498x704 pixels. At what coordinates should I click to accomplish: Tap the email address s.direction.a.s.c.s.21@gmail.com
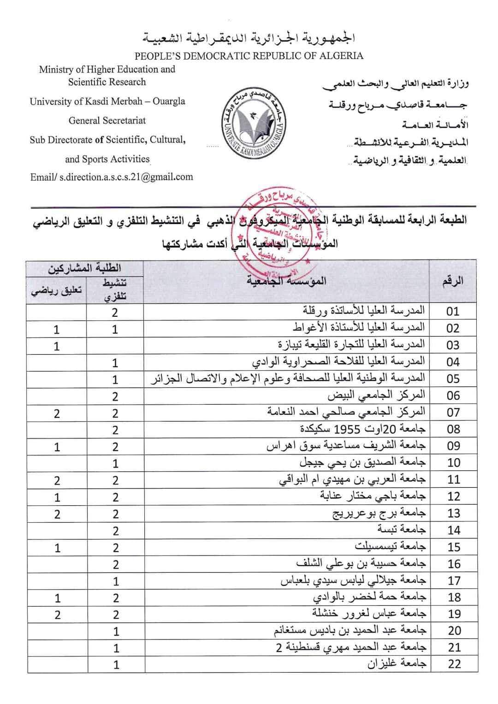[x=112, y=177]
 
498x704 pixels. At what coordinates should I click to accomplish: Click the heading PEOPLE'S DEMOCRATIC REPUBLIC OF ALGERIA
[x=249, y=56]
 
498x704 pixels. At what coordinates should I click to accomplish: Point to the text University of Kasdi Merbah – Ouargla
[x=107, y=101]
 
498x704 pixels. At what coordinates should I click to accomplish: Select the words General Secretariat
[x=107, y=121]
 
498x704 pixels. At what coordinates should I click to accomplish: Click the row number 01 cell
[x=453, y=311]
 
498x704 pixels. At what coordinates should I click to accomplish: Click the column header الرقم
[x=453, y=281]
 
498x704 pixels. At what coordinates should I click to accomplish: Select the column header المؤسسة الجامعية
[x=286, y=281]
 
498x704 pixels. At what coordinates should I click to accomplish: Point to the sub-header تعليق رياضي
[x=56, y=291]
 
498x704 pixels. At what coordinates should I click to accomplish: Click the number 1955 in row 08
[x=350, y=429]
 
